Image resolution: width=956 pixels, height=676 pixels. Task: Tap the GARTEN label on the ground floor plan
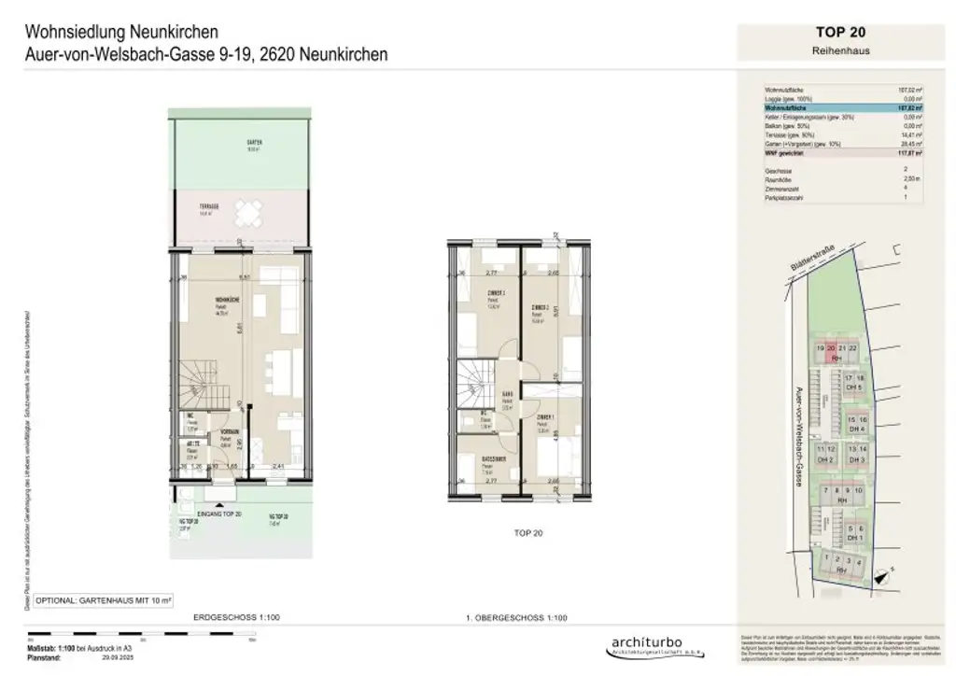254,143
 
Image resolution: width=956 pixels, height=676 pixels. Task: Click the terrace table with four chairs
247,216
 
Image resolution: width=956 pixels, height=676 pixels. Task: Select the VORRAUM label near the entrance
230,431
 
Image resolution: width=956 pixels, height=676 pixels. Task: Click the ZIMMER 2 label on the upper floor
539,308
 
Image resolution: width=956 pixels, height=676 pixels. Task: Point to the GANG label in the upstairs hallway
508,394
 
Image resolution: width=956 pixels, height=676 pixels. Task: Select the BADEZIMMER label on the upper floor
495,460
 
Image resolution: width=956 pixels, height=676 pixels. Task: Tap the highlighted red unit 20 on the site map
831,349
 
